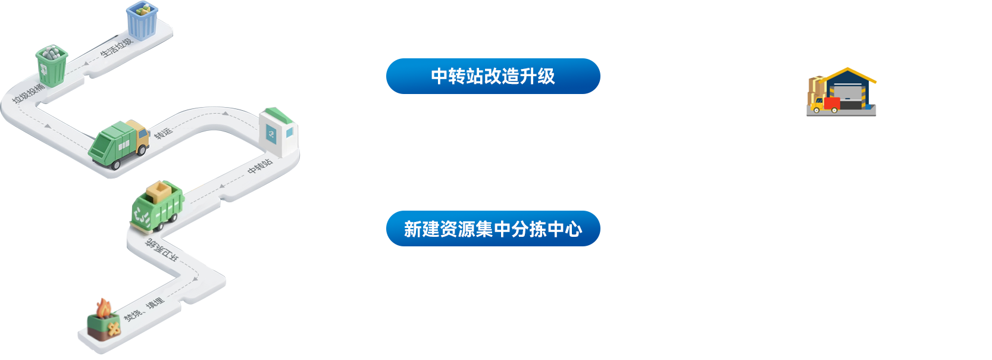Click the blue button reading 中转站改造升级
pyautogui.click(x=493, y=76)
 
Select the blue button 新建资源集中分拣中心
pyautogui.click(x=493, y=228)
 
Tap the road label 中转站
pyautogui.click(x=260, y=166)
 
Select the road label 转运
pyautogui.click(x=163, y=133)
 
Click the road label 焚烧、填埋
pyautogui.click(x=143, y=310)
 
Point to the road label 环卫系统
pyautogui.click(x=161, y=251)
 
